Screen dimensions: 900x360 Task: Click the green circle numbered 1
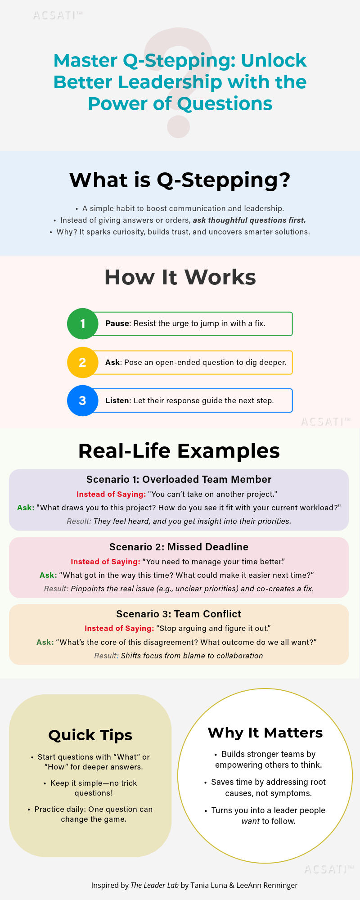pos(82,324)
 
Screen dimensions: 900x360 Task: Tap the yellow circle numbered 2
pos(82,362)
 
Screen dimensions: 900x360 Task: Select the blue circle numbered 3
pos(82,400)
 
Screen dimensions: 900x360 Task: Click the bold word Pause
pos(117,324)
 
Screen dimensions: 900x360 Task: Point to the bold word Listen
pos(117,400)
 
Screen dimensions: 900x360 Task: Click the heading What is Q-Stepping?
pos(180,180)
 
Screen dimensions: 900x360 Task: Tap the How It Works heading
pos(180,277)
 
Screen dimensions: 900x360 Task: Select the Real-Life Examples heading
pos(179,451)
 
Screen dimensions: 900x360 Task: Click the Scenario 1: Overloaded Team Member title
pos(179,479)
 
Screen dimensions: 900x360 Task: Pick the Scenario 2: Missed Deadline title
pos(179,547)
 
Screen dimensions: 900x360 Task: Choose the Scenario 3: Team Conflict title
pos(179,614)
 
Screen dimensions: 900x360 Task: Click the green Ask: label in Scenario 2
pos(48,575)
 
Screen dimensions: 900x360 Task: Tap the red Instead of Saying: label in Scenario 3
pos(119,628)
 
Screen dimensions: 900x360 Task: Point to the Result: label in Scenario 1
pos(79,521)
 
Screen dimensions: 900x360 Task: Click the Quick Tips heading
pos(90,735)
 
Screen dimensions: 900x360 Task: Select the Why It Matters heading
pos(265,733)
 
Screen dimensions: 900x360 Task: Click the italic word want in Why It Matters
pos(251,821)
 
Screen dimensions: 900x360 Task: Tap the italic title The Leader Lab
pos(154,885)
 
